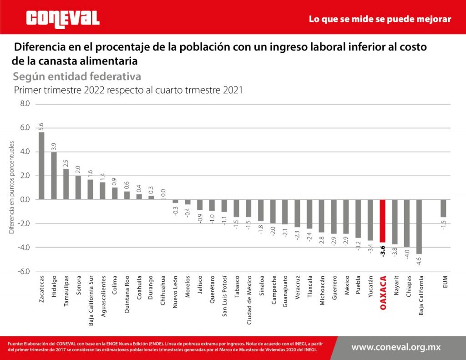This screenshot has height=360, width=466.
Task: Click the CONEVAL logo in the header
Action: tap(63, 19)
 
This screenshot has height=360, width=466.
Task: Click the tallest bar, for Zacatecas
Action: tap(41, 166)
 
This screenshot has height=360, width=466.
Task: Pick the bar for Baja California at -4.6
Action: tap(419, 226)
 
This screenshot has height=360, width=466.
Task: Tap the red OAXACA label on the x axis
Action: tap(383, 293)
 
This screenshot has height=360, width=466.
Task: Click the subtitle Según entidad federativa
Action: tap(77, 76)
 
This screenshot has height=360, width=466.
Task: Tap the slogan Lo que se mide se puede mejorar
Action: tap(380, 19)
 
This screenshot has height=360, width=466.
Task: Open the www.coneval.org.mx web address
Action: tap(396, 347)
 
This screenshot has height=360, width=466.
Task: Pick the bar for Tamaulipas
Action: tap(66, 184)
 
